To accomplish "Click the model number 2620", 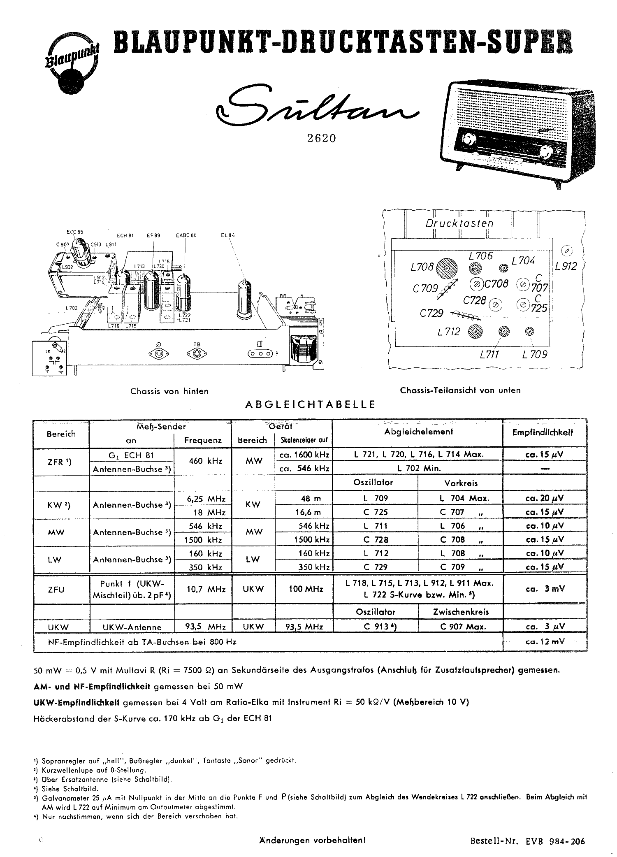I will (x=322, y=138).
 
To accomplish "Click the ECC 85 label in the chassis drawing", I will (x=75, y=232).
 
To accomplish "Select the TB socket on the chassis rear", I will (x=197, y=353).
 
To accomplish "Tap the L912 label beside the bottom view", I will (x=566, y=266).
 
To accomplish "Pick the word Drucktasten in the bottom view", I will (x=459, y=223).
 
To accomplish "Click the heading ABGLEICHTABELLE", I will (x=311, y=404).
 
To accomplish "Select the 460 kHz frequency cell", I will (x=203, y=461).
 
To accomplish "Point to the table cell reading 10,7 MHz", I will (x=203, y=589).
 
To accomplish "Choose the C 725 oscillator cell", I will (x=375, y=512).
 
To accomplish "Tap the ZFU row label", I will (x=56, y=590).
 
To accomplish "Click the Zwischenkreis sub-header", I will (x=461, y=612).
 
